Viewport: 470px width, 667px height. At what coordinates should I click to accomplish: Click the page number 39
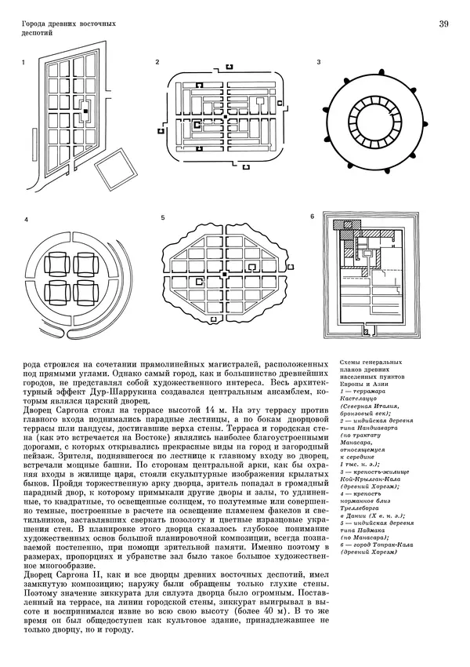pos(443,26)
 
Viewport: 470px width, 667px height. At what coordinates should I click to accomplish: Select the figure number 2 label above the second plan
pos(157,61)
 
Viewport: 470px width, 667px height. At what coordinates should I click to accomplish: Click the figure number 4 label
pos(26,220)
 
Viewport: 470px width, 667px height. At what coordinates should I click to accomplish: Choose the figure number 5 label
pos(162,217)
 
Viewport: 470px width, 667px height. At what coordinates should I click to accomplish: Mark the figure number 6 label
pos(312,217)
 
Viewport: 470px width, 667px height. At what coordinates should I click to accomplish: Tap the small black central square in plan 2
pos(226,116)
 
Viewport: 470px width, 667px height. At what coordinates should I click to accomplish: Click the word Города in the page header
pos(35,24)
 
